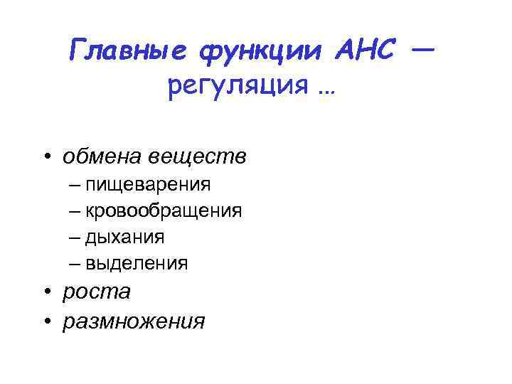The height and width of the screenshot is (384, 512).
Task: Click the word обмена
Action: [x=105, y=156]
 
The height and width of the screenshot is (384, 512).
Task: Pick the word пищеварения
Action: [x=148, y=186]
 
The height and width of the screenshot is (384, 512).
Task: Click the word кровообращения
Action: [x=164, y=211]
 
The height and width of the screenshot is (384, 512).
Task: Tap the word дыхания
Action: [x=125, y=238]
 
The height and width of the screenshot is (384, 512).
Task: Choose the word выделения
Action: [x=137, y=263]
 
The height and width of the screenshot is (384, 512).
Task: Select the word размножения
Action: [x=134, y=321]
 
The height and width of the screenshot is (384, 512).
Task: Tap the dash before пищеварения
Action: [x=76, y=186]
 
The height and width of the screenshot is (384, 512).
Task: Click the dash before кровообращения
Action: [x=76, y=211]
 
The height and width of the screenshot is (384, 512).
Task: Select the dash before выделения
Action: [x=76, y=263]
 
